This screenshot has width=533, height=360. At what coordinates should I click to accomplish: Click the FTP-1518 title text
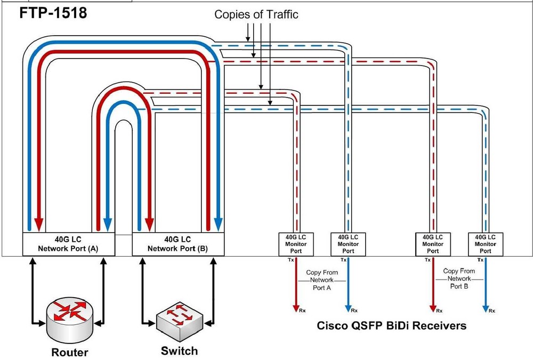click(x=53, y=13)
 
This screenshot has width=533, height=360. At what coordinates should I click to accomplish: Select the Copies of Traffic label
click(x=256, y=14)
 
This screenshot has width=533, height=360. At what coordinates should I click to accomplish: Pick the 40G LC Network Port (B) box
click(x=177, y=244)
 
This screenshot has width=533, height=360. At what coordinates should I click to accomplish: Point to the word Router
click(x=69, y=352)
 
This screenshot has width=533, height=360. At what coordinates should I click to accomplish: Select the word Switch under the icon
click(x=179, y=351)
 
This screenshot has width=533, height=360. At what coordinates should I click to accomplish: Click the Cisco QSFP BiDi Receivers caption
click(x=392, y=325)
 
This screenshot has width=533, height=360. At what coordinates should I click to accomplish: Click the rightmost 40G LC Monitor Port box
click(x=485, y=244)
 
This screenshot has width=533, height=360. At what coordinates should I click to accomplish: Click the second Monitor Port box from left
click(x=348, y=244)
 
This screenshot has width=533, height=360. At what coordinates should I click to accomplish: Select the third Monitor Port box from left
click(x=433, y=244)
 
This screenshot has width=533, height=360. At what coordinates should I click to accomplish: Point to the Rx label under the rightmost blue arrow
click(x=491, y=311)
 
